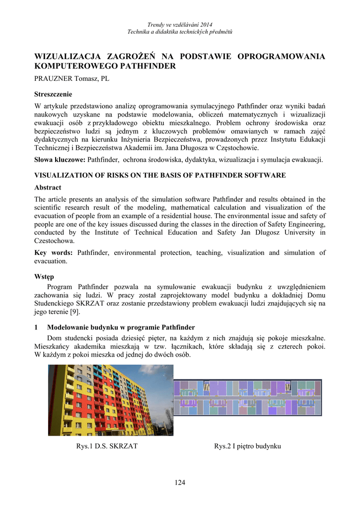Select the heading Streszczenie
coord(53,94)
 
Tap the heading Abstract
coord(48,188)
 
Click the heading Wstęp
coord(44,276)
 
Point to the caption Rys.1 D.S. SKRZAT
coord(107,446)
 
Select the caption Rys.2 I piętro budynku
coord(247,446)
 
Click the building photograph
coord(110,400)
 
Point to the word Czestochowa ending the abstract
coord(55,241)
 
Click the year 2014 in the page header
coord(205,24)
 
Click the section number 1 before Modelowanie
coord(36,327)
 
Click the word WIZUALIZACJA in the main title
coord(68,56)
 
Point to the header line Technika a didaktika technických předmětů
coord(180,32)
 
